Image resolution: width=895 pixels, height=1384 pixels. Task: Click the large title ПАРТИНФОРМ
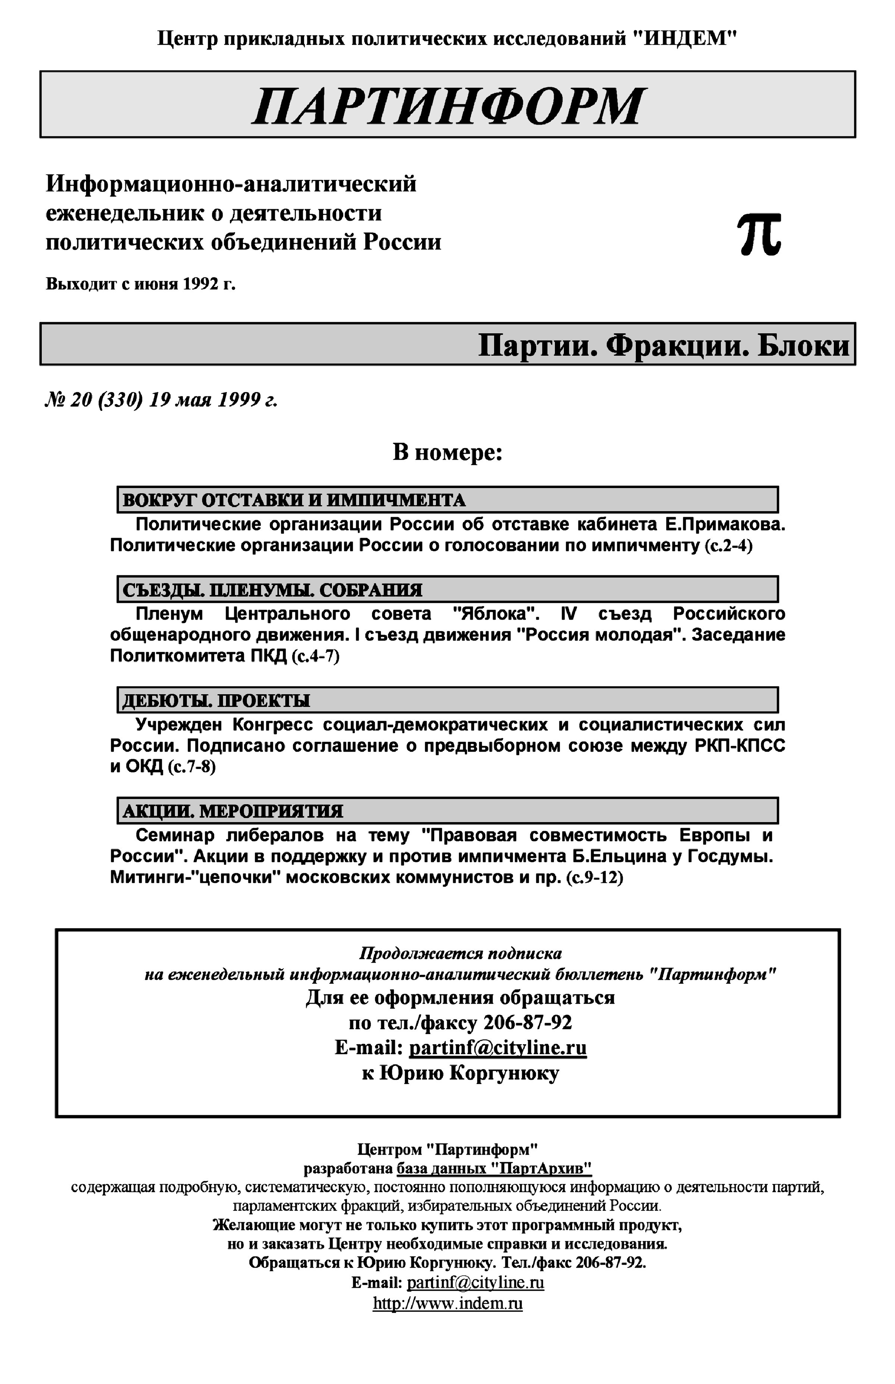coord(447,106)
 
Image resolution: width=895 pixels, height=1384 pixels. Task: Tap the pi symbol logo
coord(759,234)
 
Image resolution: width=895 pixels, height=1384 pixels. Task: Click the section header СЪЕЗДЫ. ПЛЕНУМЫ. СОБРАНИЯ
coord(272,590)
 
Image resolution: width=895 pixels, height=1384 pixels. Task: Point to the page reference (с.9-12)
coord(594,877)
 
